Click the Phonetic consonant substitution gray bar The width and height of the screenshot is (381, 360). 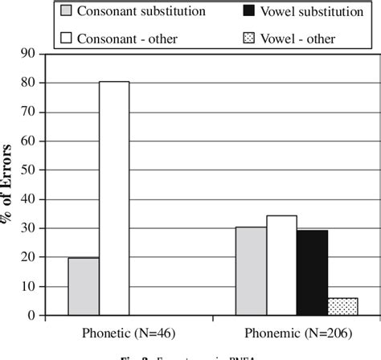84,286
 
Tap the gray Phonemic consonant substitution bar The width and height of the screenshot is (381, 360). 250,271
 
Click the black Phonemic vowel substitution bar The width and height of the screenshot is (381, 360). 312,272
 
